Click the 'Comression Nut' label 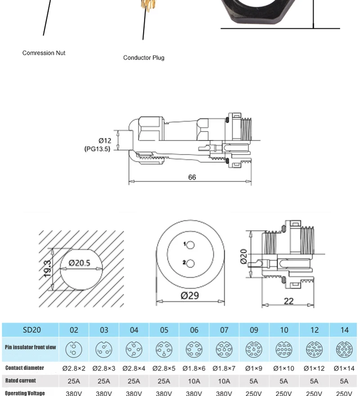(x=44, y=53)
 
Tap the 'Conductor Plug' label (x=144, y=58)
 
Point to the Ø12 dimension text (x=105, y=141)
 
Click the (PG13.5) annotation (x=97, y=149)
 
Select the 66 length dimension (x=192, y=178)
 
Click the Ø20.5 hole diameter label (x=80, y=263)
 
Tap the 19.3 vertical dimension (x=47, y=269)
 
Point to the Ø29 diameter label (x=190, y=296)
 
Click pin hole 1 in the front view (x=191, y=245)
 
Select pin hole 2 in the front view (x=191, y=264)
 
